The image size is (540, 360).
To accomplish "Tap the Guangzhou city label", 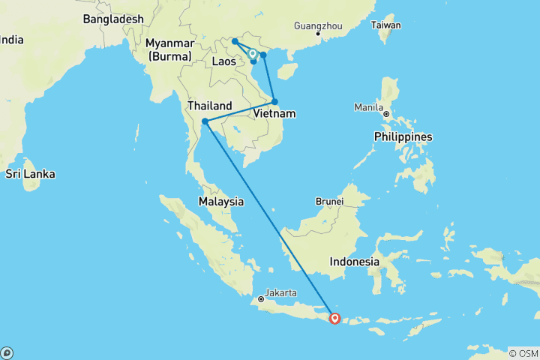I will click(318, 25).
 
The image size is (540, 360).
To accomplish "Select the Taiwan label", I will click(386, 25).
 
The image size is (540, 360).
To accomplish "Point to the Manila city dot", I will click(387, 113).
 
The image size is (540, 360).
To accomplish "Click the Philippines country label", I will click(403, 136).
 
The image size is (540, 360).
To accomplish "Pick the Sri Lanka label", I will click(30, 173).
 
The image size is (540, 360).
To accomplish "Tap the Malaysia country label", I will click(220, 201).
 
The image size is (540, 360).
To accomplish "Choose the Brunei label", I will click(329, 201).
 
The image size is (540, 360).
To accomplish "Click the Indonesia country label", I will click(355, 262).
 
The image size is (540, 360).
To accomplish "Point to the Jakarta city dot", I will click(261, 298).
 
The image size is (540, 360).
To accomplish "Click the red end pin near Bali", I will click(334, 319).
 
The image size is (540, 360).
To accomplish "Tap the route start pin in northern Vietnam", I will click(253, 54).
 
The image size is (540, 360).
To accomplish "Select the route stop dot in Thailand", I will click(205, 121).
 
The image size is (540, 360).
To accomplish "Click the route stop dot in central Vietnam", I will click(274, 101).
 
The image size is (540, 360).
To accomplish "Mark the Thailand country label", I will click(209, 106).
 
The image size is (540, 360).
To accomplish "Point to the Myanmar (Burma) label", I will click(170, 49).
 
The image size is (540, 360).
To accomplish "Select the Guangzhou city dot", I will click(318, 34).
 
